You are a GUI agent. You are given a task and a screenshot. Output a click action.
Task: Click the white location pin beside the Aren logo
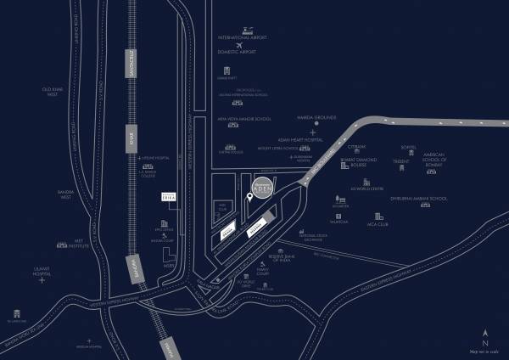point(249,198)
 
